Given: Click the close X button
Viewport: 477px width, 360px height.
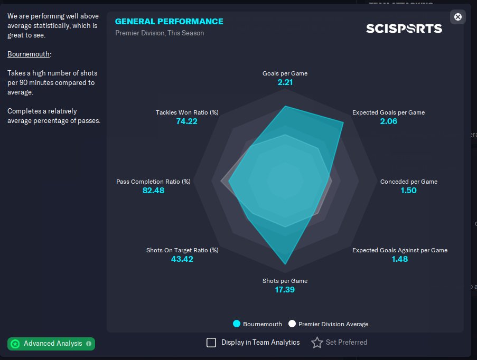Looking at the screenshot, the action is [457, 17].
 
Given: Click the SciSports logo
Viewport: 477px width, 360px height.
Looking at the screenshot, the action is [404, 29].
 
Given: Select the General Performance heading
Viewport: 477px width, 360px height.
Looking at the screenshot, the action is [169, 21].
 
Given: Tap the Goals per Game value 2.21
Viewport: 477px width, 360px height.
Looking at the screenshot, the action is [285, 82].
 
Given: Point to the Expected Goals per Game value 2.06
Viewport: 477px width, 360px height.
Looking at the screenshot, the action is [388, 121].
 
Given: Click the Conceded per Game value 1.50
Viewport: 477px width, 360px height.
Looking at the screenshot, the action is [408, 191].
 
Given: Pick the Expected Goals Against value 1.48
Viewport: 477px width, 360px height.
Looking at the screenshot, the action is [400, 259].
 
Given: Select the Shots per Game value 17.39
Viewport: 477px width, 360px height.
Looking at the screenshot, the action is [285, 289].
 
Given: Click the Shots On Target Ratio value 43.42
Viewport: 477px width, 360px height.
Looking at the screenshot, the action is [182, 259].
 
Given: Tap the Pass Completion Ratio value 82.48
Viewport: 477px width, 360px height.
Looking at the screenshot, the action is [153, 191].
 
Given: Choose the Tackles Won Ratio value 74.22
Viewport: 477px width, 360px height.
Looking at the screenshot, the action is [187, 121].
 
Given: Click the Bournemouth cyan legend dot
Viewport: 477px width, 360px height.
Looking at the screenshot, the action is [236, 324].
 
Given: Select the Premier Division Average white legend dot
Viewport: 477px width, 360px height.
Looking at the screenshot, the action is [292, 324].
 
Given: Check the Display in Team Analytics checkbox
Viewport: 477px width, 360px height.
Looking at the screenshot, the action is [211, 343].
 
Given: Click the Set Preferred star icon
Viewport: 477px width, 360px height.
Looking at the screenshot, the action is [317, 343].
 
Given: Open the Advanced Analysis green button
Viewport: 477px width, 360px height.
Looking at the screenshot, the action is [51, 344].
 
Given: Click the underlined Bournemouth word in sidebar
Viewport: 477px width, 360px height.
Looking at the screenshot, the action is [29, 54].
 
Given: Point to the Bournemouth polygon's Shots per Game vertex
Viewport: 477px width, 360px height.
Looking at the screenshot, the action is [285, 264].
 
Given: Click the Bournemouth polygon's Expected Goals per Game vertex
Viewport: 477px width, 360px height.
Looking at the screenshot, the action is [343, 123].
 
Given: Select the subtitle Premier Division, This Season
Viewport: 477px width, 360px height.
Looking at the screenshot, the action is [160, 33].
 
